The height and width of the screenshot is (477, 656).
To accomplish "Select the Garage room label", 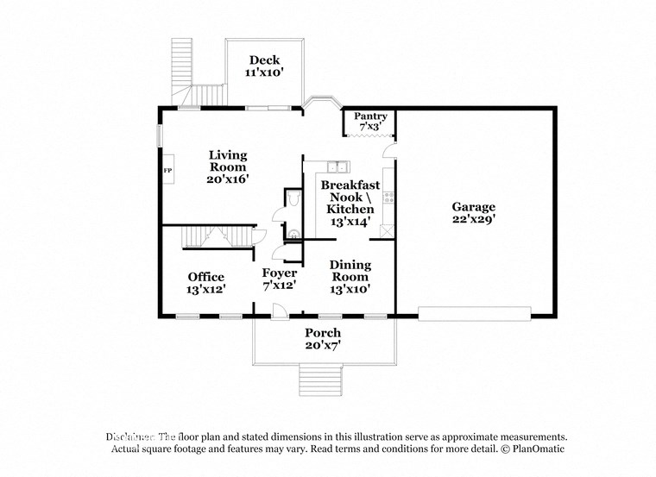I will [x=474, y=207].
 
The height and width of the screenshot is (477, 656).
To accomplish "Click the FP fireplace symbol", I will [x=168, y=172].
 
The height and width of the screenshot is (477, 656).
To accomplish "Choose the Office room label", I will [x=206, y=277].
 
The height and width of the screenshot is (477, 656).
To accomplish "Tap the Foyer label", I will [x=279, y=273].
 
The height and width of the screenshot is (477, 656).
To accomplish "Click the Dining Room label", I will [x=350, y=271].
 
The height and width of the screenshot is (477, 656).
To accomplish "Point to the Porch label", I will [x=323, y=333].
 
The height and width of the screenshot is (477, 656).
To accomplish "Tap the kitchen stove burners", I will [x=388, y=198].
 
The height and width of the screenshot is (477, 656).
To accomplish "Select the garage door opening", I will [x=474, y=313].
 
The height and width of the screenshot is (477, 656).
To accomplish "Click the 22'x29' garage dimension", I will [x=474, y=219].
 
